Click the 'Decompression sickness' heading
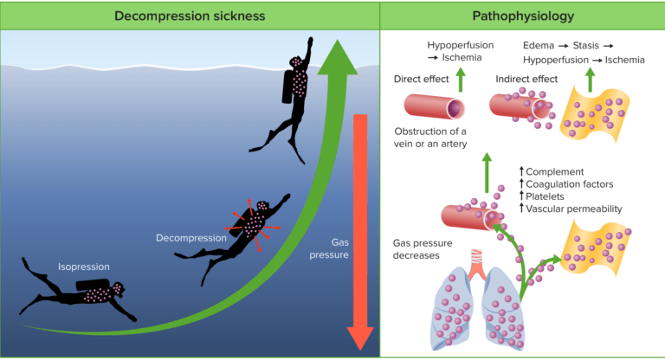pos(190,15)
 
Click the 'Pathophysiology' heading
pos(522,15)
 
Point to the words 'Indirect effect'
pos(529,79)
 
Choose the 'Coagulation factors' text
pos(571,184)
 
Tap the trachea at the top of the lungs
pos(476,257)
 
